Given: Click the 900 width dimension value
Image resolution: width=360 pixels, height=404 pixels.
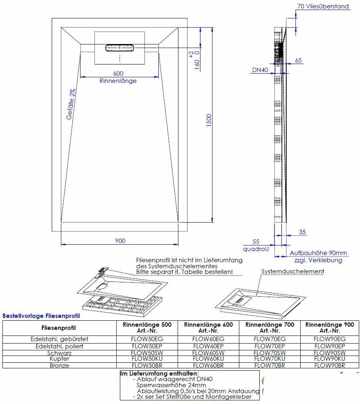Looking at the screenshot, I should point(120,241).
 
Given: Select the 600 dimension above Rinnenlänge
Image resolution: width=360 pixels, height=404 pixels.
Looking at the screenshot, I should point(118,73).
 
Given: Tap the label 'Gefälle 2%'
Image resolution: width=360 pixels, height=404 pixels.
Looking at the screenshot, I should point(71,104).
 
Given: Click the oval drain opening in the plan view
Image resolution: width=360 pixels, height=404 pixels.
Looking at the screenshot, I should point(120,48).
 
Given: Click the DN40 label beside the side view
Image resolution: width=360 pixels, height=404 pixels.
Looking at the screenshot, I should point(260,70).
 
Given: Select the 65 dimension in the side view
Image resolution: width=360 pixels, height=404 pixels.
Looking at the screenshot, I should point(298,60).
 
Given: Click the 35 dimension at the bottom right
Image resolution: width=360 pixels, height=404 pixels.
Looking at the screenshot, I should point(302,232).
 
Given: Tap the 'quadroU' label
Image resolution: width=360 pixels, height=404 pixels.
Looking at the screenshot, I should point(255,249).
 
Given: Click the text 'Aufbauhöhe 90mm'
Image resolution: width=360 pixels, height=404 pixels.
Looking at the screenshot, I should point(318,253).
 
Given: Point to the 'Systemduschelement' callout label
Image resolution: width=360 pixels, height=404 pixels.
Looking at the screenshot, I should point(293,271).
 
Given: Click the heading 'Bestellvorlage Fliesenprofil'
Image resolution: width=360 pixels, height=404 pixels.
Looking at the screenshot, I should point(41,316).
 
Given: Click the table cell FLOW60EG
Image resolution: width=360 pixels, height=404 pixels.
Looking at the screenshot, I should point(208,339).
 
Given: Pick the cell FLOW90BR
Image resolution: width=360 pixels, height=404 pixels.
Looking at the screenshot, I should point(330,366).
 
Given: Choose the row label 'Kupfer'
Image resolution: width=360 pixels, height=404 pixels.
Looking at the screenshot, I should point(59,359).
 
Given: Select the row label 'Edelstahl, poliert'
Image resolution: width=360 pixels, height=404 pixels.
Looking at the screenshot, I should point(59,346).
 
